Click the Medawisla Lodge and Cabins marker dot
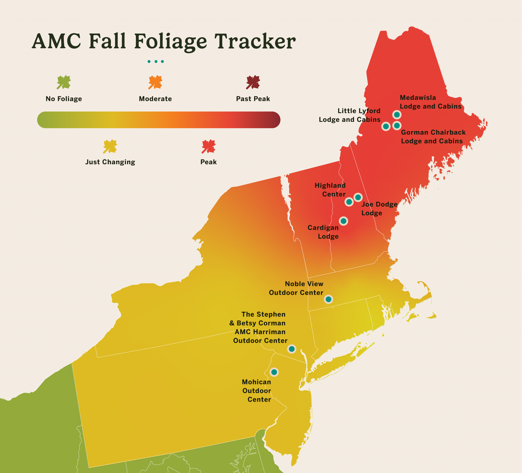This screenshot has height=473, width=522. coord(397,114)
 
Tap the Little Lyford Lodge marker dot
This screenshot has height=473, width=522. coord(386,126)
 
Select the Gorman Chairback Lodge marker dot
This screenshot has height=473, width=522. coord(397,126)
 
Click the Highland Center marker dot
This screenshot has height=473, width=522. coord(349,202)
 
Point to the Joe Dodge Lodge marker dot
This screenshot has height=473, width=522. coord(358,197)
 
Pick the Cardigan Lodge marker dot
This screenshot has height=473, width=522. coord(343,221)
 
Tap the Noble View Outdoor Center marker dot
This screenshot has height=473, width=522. coord(328,299)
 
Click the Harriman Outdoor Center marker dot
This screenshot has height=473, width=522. coord(292,349)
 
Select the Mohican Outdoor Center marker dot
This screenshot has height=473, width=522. coord(274,372)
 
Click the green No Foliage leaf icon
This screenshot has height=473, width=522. coord(64,82)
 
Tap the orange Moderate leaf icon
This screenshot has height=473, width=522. coord(155,82)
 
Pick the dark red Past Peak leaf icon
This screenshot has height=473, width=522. coord(253,82)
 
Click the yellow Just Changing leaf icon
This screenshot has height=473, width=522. coord(110,146)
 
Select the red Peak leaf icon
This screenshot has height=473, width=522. coord(208,146)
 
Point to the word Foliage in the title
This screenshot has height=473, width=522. coord(170,42)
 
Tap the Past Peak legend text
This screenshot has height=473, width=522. coord(253,99)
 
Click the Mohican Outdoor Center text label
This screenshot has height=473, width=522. coord(257,391)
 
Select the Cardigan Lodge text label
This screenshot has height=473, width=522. coord(323,232)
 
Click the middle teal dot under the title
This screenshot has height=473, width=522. coord(156,61)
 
